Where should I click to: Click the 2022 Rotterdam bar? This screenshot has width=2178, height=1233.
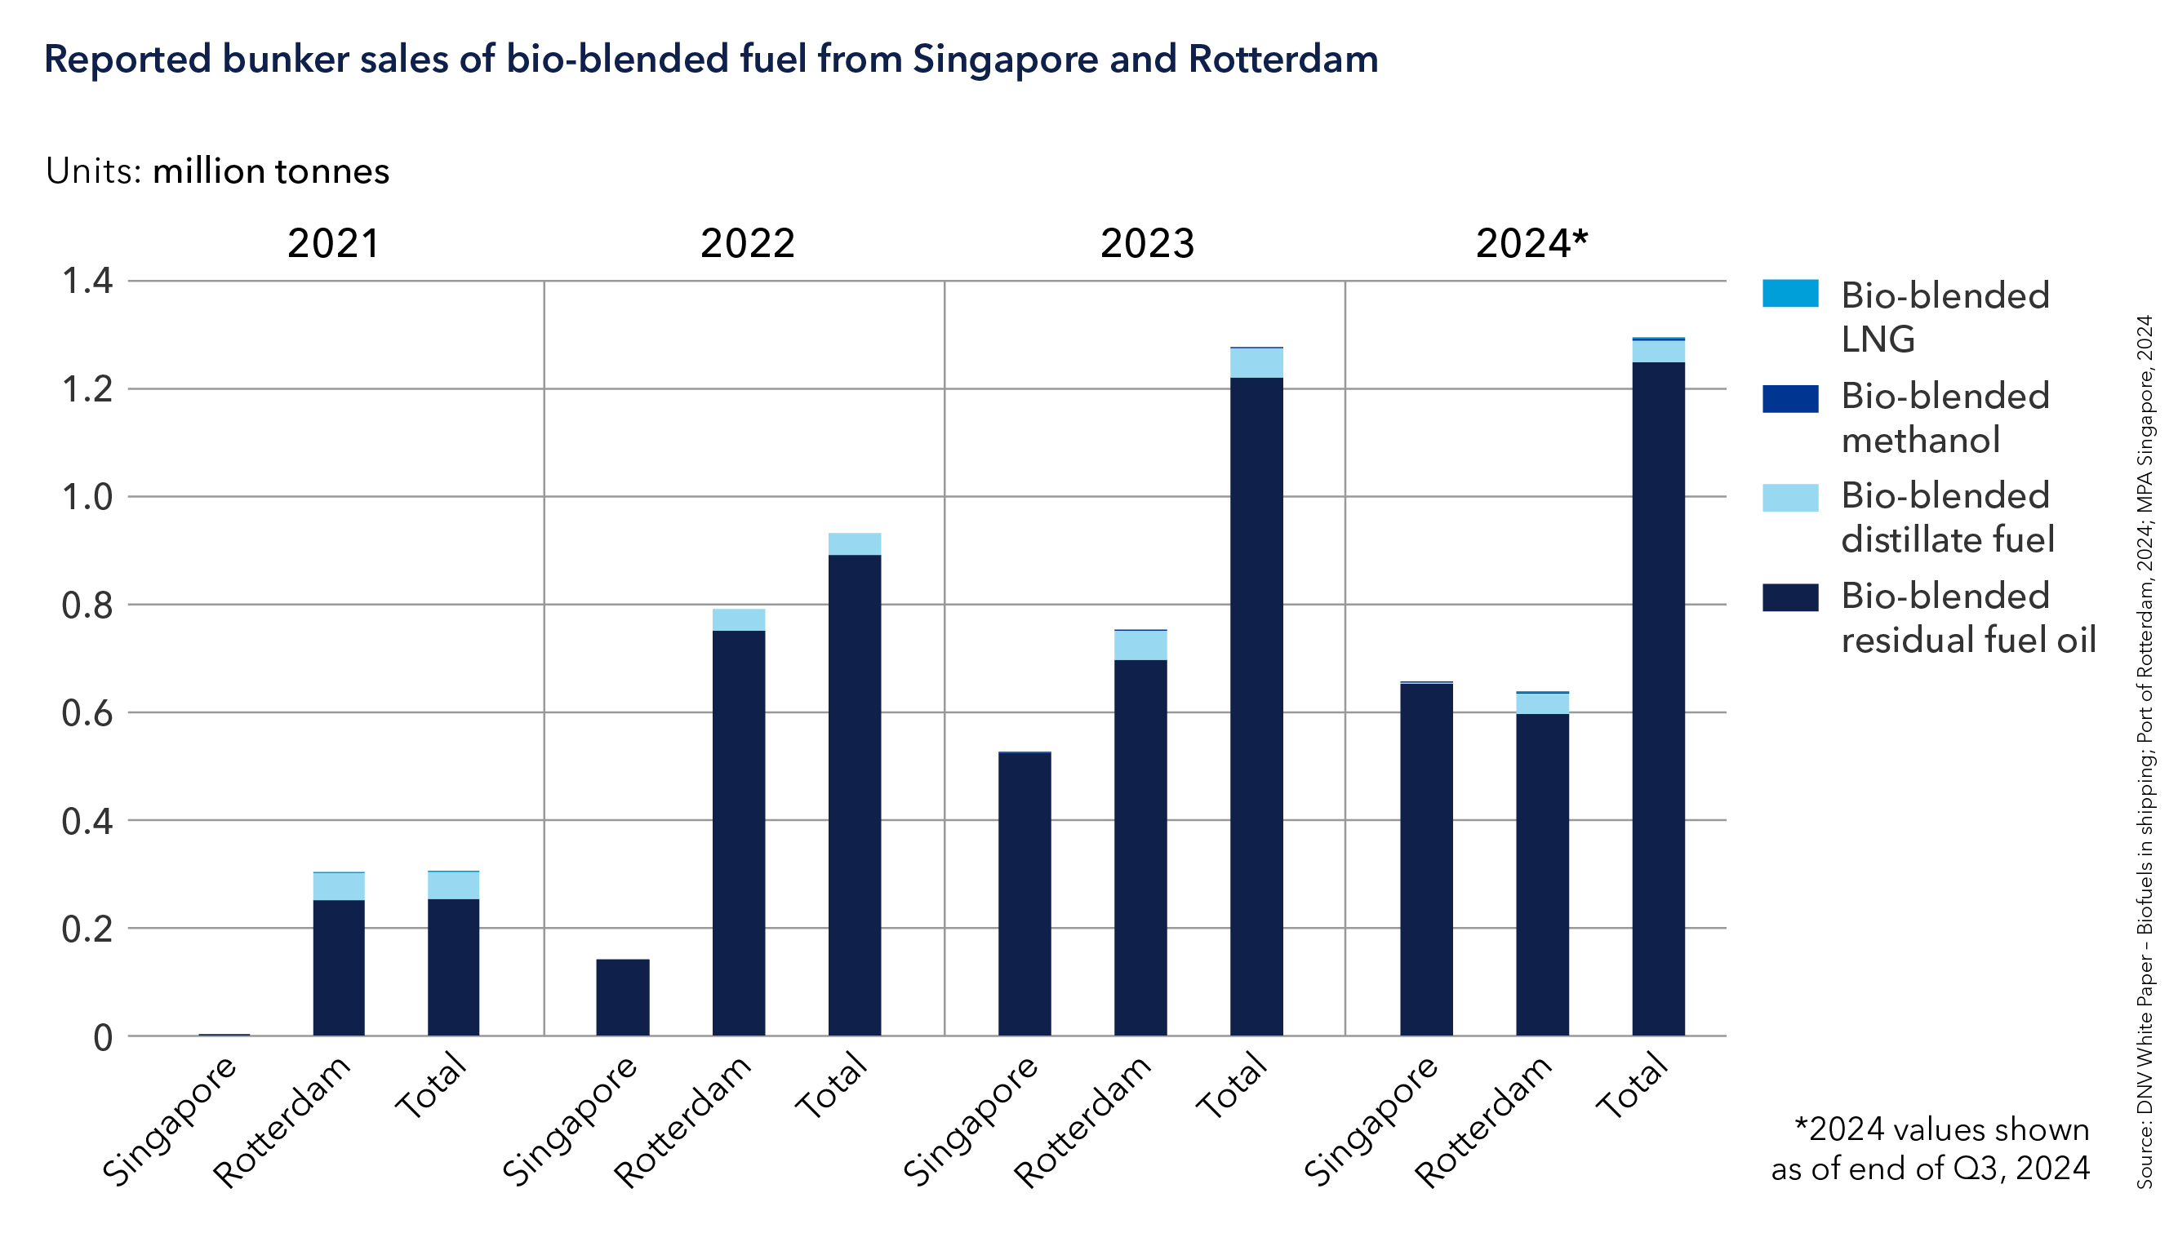tap(738, 830)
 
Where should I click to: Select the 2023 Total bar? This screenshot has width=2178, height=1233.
tap(1256, 703)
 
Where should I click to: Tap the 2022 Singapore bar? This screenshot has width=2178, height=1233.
tap(623, 996)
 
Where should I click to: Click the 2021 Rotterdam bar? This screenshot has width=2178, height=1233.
tap(339, 965)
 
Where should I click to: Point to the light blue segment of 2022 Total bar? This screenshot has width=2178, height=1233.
tap(854, 543)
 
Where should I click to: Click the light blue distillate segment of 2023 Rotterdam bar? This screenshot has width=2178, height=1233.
tap(1140, 645)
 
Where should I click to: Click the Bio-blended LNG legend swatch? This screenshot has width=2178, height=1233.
tap(1789, 293)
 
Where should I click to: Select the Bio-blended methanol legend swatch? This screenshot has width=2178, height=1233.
tap(1789, 398)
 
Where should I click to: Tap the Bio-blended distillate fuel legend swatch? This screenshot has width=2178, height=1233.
tap(1789, 498)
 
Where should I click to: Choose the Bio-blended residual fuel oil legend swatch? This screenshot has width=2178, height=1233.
tap(1789, 597)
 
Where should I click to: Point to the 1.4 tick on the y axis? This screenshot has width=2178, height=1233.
tap(87, 281)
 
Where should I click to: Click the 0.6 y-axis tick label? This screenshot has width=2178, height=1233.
tap(87, 713)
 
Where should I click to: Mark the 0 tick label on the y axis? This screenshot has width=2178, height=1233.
tap(103, 1037)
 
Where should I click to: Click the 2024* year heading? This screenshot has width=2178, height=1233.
tap(1531, 244)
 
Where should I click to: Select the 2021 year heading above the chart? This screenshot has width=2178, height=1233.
tap(333, 244)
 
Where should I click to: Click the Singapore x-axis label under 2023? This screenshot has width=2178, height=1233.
tap(971, 1120)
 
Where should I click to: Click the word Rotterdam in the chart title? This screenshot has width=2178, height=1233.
tap(1282, 60)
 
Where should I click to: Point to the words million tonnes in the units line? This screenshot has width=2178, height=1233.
tap(270, 172)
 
